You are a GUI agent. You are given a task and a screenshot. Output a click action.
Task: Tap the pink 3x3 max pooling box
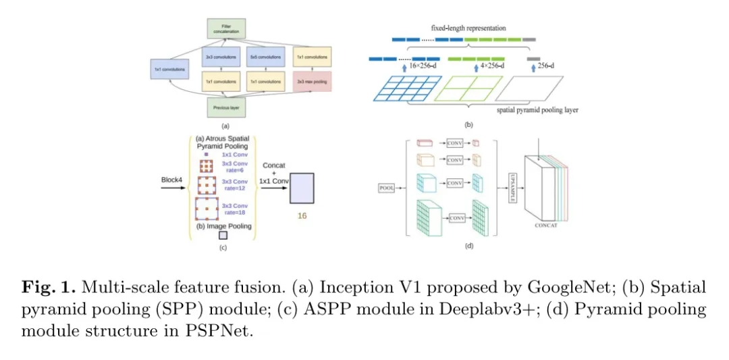tap(312, 82)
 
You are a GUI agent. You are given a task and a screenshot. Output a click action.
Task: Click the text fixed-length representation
tap(469, 28)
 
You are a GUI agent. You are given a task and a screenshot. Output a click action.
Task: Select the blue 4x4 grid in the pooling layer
tap(406, 88)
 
